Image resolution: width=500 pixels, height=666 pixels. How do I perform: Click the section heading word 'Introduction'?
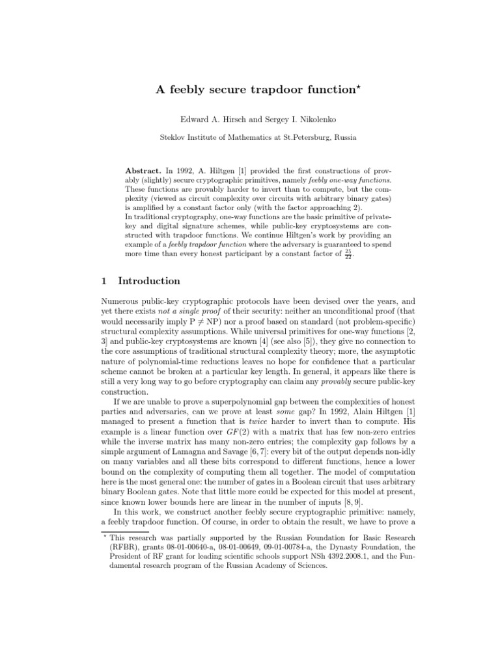150,281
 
